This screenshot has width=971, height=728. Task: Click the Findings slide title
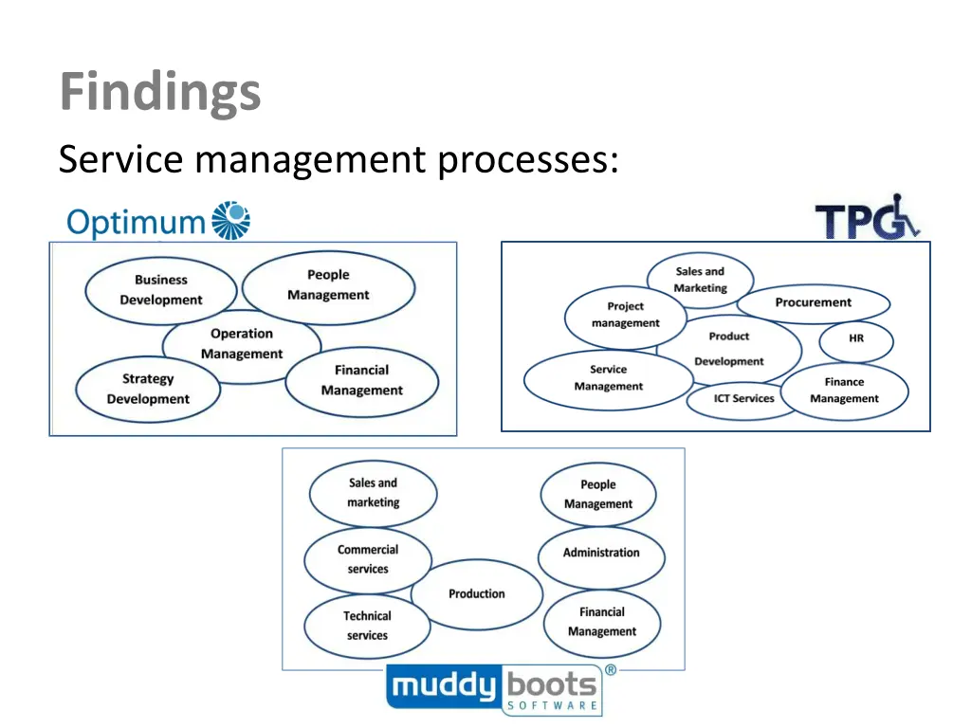(159, 93)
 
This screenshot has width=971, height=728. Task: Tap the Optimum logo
(158, 221)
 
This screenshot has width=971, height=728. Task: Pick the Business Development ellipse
(160, 290)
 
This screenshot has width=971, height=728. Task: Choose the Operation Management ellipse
(241, 344)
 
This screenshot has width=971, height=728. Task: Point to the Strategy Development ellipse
(147, 389)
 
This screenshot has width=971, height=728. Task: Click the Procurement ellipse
(814, 303)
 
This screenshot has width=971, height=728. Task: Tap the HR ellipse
(856, 338)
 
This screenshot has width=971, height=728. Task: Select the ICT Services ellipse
(743, 399)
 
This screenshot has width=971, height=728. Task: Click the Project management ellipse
(625, 315)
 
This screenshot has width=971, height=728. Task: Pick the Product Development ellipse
(728, 349)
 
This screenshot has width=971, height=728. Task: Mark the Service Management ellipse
(608, 378)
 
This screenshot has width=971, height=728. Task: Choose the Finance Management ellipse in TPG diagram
(844, 391)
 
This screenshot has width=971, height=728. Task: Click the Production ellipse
(476, 594)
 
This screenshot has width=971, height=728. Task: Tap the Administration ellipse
(601, 554)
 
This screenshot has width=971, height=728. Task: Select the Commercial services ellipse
(367, 559)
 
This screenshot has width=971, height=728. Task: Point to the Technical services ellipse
(366, 626)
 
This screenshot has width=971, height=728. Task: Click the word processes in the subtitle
(527, 159)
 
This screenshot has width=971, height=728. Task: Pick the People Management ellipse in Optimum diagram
(328, 285)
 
